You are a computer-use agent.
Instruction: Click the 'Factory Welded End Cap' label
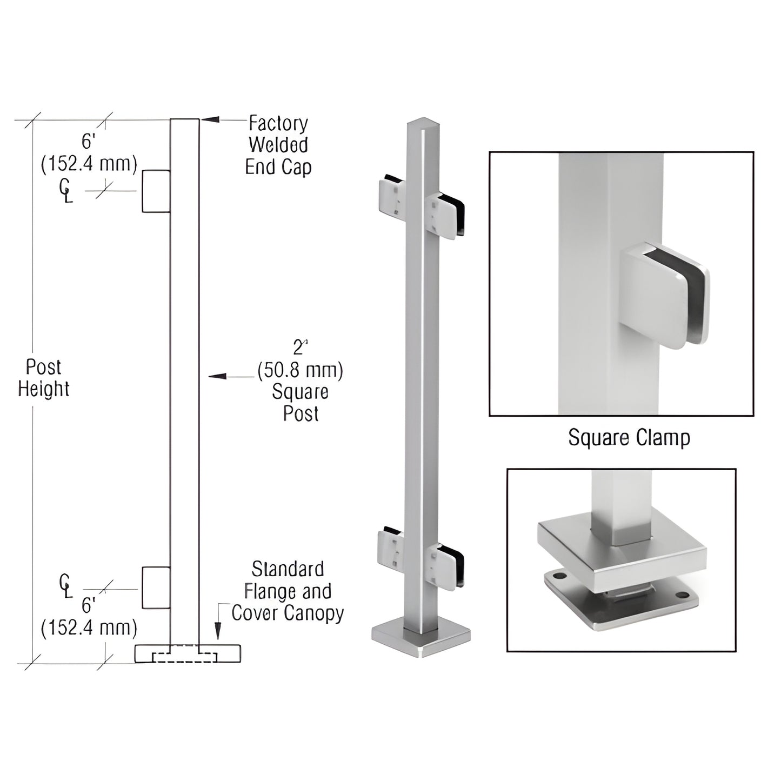[x=278, y=145]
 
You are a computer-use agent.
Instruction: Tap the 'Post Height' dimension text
[x=43, y=378]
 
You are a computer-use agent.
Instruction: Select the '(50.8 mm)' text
[x=300, y=370]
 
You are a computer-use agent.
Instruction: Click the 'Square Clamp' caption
[x=629, y=438]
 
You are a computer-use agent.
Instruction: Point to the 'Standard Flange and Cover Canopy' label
[x=288, y=591]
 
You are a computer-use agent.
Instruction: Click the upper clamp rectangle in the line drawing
[x=156, y=191]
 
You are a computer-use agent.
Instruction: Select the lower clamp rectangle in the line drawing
[x=156, y=588]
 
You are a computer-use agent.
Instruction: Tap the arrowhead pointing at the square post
[x=217, y=376]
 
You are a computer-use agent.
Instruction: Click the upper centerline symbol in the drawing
[x=65, y=190]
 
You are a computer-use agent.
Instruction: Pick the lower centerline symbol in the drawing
[x=65, y=586]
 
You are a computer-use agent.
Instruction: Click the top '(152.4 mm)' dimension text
[x=89, y=164]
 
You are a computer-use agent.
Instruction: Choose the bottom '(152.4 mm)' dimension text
[x=89, y=628]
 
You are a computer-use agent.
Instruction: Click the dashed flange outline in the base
[x=185, y=657]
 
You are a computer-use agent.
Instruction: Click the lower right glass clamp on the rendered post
[x=446, y=565]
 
